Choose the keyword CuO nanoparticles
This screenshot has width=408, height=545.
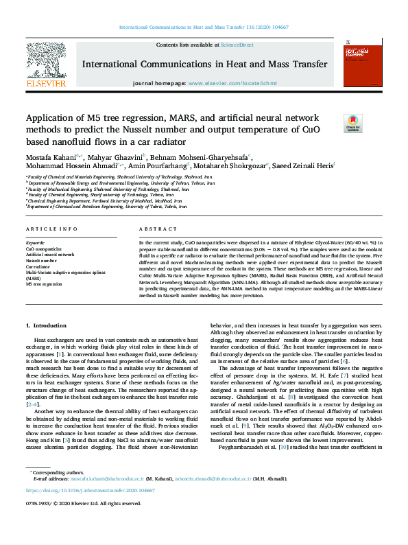click(44, 248)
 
